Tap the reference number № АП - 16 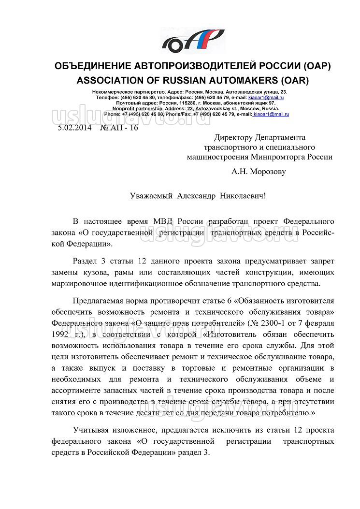click(118, 128)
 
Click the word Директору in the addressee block click(234, 137)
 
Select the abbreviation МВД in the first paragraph click(162, 221)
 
